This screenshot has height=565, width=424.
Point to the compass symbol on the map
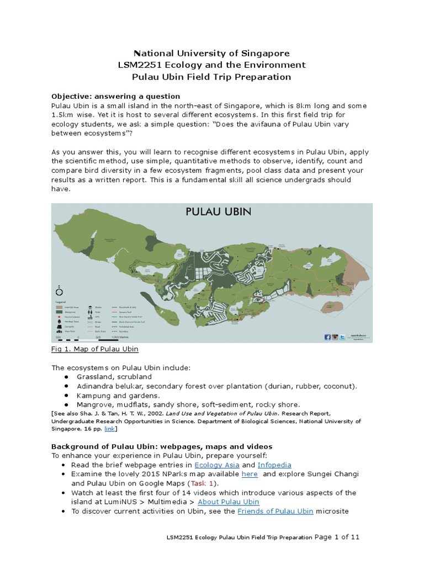pos(60,292)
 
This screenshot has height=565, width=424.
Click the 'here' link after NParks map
pos(250,474)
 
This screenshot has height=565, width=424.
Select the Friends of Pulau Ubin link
pos(275,511)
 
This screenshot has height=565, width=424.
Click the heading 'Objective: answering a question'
pos(115,96)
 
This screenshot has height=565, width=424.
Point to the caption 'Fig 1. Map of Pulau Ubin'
pos(94,349)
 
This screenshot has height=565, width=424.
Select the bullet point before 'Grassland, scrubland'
pos(66,376)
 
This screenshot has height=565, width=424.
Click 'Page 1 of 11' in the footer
pos(337,536)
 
